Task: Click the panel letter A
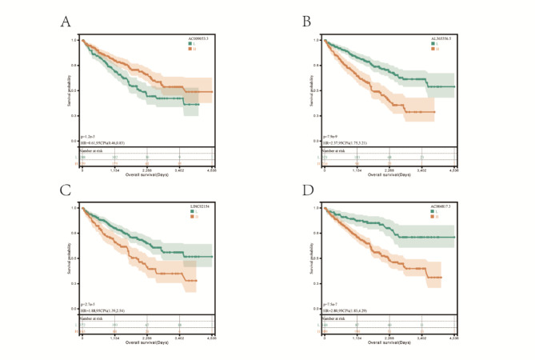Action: tap(66, 21)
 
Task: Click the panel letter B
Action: tap(306, 21)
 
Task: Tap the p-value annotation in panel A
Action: tap(89, 137)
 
